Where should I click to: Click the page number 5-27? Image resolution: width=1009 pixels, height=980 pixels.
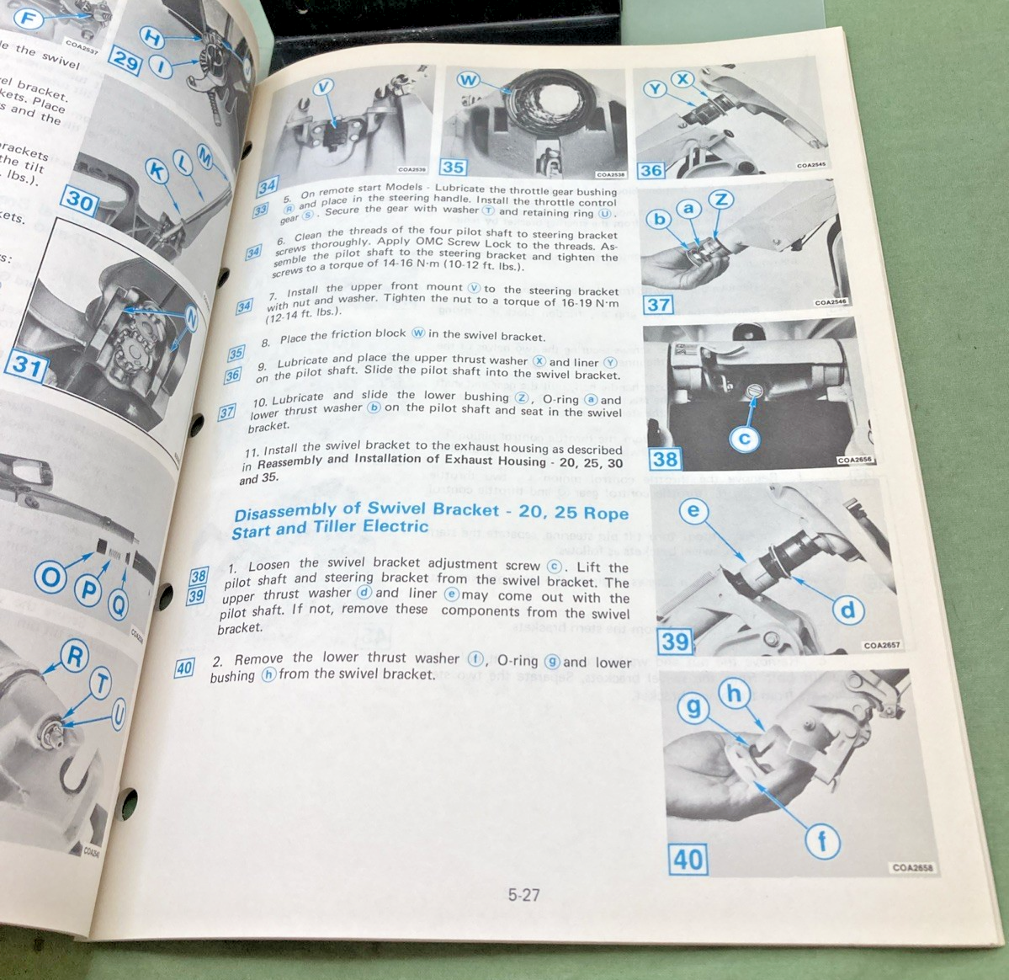[523, 895]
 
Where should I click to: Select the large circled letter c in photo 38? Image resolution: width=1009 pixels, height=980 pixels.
[746, 438]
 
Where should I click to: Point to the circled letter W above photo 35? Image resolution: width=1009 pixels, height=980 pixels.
[469, 80]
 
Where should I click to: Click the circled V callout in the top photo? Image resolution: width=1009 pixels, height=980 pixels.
[325, 86]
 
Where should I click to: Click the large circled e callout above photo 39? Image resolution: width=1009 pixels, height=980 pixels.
[694, 511]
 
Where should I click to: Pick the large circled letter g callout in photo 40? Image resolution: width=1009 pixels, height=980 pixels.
[693, 708]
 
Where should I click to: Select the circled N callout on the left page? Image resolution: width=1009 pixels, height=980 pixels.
[192, 319]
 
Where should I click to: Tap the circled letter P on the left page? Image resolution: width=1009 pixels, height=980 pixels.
[86, 589]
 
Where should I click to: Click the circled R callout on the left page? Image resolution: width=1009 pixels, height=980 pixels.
[74, 657]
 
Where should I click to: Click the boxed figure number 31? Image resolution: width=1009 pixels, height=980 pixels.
[26, 366]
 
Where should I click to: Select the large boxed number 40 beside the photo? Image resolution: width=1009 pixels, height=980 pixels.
[688, 859]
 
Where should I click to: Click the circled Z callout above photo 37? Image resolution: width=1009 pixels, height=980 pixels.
[721, 200]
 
